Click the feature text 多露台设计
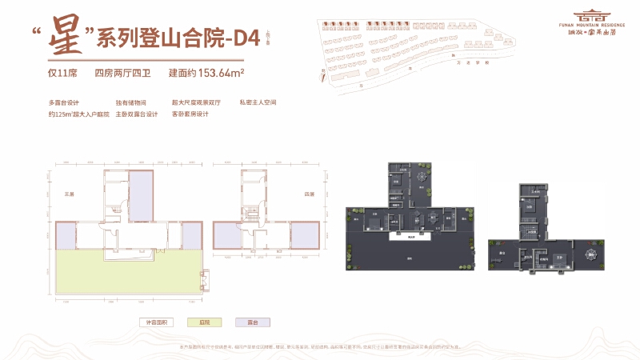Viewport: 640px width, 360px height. [x=65, y=102]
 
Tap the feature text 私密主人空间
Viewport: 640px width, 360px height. [x=257, y=102]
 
